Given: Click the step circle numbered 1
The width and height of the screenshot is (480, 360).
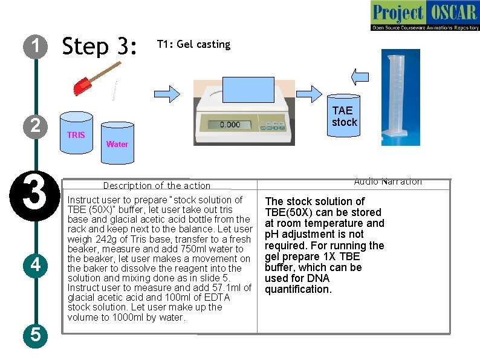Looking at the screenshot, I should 36,46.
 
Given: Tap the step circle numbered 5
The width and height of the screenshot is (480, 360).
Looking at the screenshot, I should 36,334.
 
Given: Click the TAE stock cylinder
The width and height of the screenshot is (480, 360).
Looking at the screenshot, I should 344,115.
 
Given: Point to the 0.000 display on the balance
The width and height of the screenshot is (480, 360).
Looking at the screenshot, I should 230,125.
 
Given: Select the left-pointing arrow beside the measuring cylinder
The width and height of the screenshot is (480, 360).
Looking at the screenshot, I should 360,76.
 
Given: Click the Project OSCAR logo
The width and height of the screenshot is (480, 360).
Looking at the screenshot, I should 424,15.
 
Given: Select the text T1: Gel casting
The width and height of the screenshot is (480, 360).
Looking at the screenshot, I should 193,45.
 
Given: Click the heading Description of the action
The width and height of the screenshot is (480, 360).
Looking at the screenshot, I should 157,186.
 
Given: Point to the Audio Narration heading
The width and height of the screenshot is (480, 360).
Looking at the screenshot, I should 388,182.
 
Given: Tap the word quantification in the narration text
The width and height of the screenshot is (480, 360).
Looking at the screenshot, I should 298,289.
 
